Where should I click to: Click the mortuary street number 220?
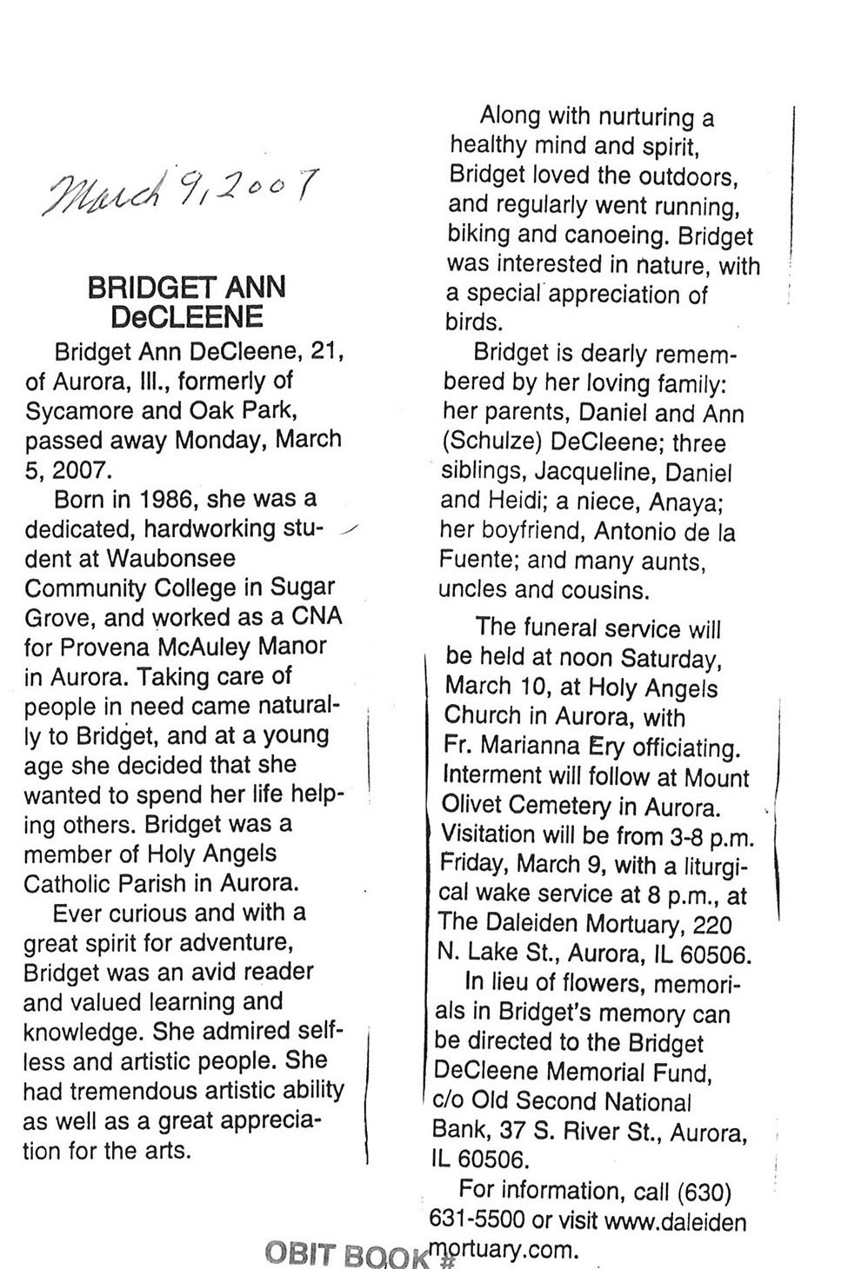pos(710,925)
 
